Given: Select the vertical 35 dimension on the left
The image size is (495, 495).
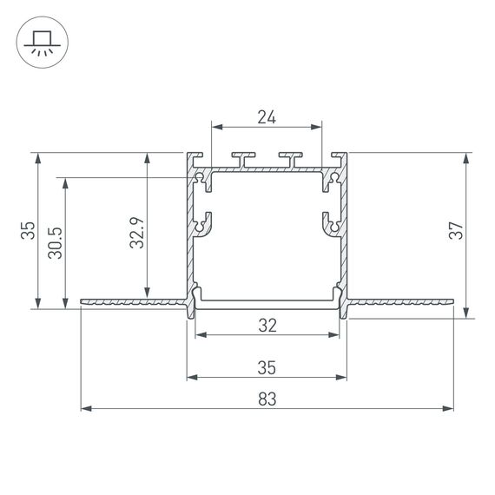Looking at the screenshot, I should [29, 230].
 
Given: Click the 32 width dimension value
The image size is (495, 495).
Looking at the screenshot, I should [267, 326].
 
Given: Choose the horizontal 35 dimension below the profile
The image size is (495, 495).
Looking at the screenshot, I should [267, 368].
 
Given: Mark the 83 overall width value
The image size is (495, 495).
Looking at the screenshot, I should [267, 399].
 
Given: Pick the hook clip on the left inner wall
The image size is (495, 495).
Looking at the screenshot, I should [203, 223].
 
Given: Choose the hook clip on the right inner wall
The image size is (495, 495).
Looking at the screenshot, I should [330, 223].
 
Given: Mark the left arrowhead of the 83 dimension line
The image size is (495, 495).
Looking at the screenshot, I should [84, 407].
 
